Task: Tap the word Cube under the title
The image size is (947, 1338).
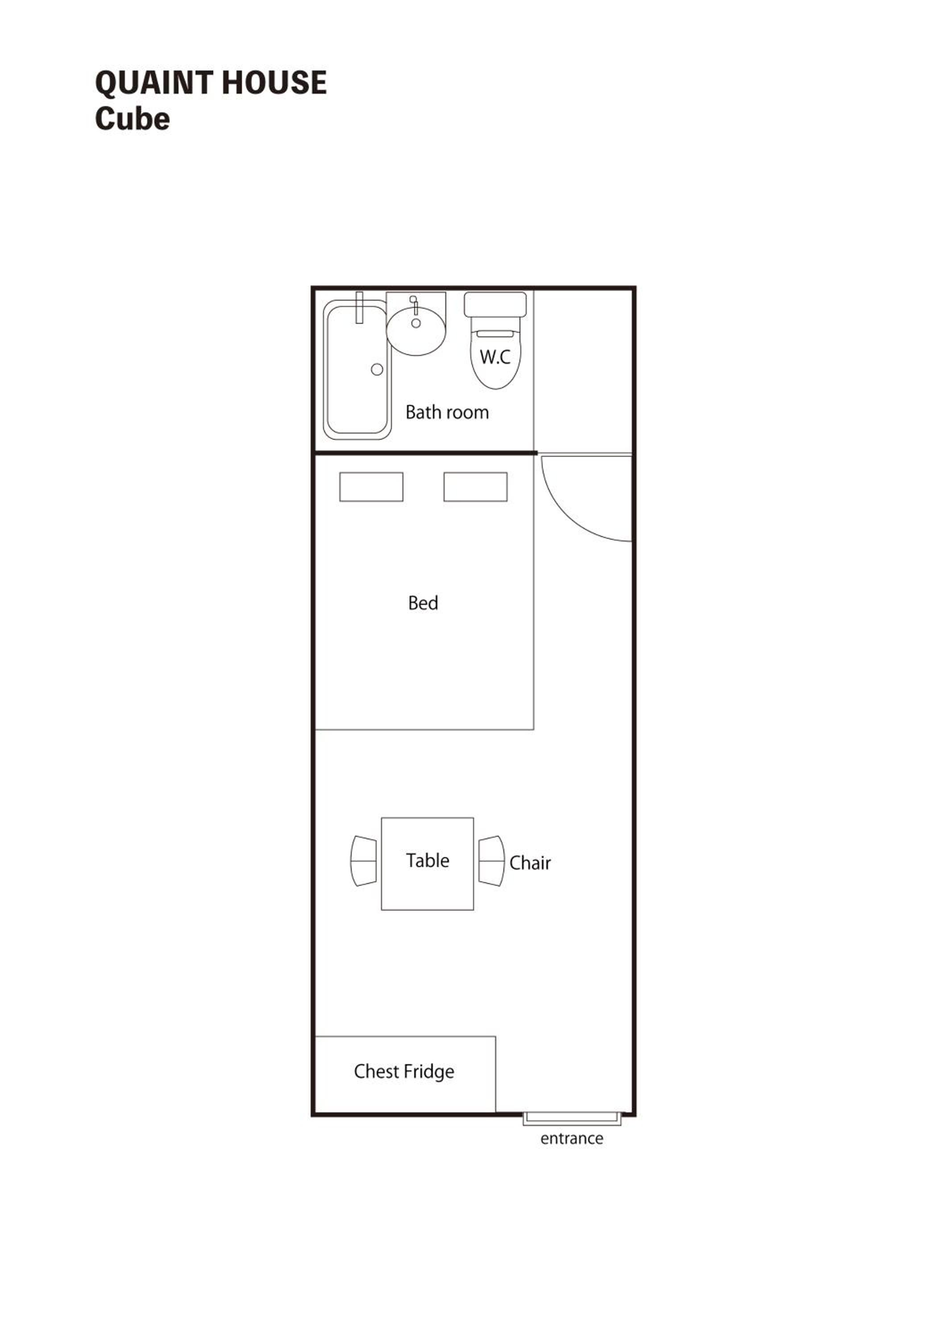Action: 133,119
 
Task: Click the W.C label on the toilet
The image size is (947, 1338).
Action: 495,357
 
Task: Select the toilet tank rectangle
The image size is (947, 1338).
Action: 495,305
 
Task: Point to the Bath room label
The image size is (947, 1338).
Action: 447,412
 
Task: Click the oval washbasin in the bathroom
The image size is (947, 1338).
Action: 416,331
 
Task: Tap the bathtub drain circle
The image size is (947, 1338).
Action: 377,369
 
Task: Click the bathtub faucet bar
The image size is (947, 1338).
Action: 359,307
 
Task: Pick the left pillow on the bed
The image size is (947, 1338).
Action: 371,487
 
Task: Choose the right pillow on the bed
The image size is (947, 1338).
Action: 475,487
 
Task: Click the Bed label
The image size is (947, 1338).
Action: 423,603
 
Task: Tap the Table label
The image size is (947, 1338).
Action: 428,860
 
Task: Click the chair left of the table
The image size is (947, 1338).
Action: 363,861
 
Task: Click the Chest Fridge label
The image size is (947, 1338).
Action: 404,1071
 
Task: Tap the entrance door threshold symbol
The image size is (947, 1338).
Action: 572,1119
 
